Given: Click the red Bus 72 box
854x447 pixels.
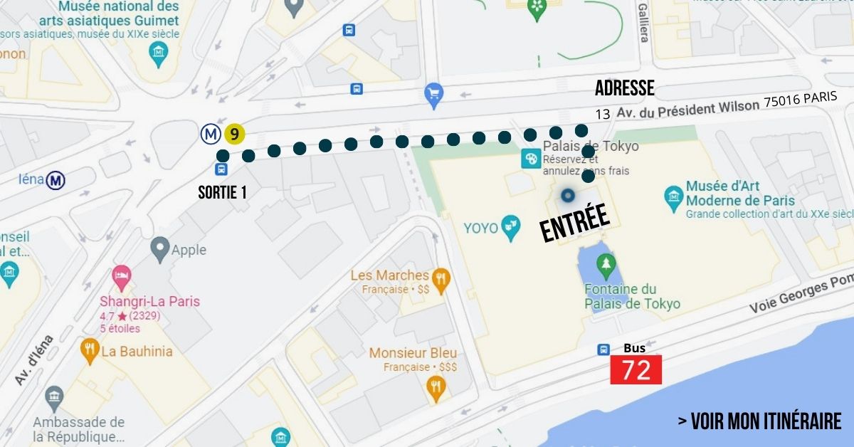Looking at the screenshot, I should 636,370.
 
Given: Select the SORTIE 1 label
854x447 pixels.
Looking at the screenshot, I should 223,192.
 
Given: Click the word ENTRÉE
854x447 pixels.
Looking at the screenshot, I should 574,222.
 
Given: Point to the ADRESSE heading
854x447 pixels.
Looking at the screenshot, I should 624,88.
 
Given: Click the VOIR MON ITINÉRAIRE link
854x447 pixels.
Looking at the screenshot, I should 759,421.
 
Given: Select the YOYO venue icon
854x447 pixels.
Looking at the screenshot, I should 510,228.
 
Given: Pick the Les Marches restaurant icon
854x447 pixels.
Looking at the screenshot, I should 441,281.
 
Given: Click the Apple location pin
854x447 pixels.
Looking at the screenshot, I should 160,250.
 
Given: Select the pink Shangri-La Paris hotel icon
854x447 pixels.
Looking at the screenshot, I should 120,276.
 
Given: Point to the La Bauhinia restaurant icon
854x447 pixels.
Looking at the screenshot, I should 90,351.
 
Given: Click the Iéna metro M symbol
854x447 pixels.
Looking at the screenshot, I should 56,181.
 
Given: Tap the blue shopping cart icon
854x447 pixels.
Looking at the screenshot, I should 433,93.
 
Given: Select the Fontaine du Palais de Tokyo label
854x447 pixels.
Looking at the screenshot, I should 632,297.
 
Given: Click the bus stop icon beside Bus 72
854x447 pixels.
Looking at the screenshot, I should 603,349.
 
